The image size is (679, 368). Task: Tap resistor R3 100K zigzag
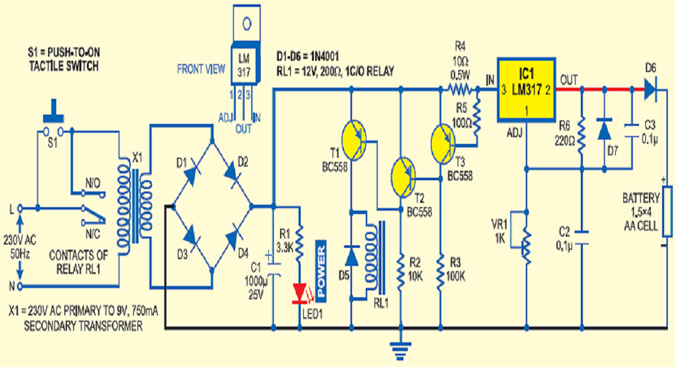[441, 269]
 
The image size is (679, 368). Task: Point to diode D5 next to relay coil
[351, 256]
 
